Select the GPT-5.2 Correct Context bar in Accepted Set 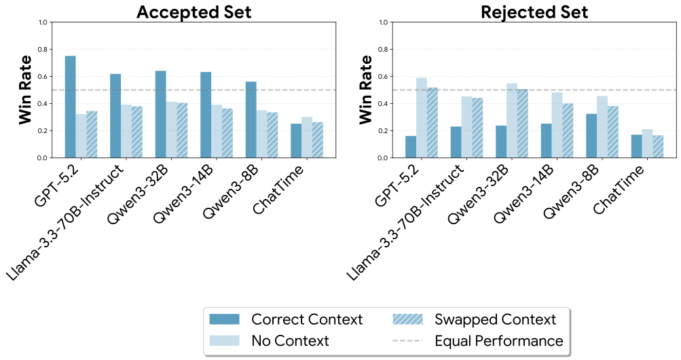click(70, 107)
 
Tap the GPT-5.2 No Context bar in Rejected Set click(422, 118)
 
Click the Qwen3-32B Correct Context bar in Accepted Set click(160, 114)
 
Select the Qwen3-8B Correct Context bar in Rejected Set click(591, 136)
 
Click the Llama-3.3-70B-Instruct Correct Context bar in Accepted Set click(115, 115)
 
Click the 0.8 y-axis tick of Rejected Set click(384, 50)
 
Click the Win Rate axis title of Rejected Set click(366, 90)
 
